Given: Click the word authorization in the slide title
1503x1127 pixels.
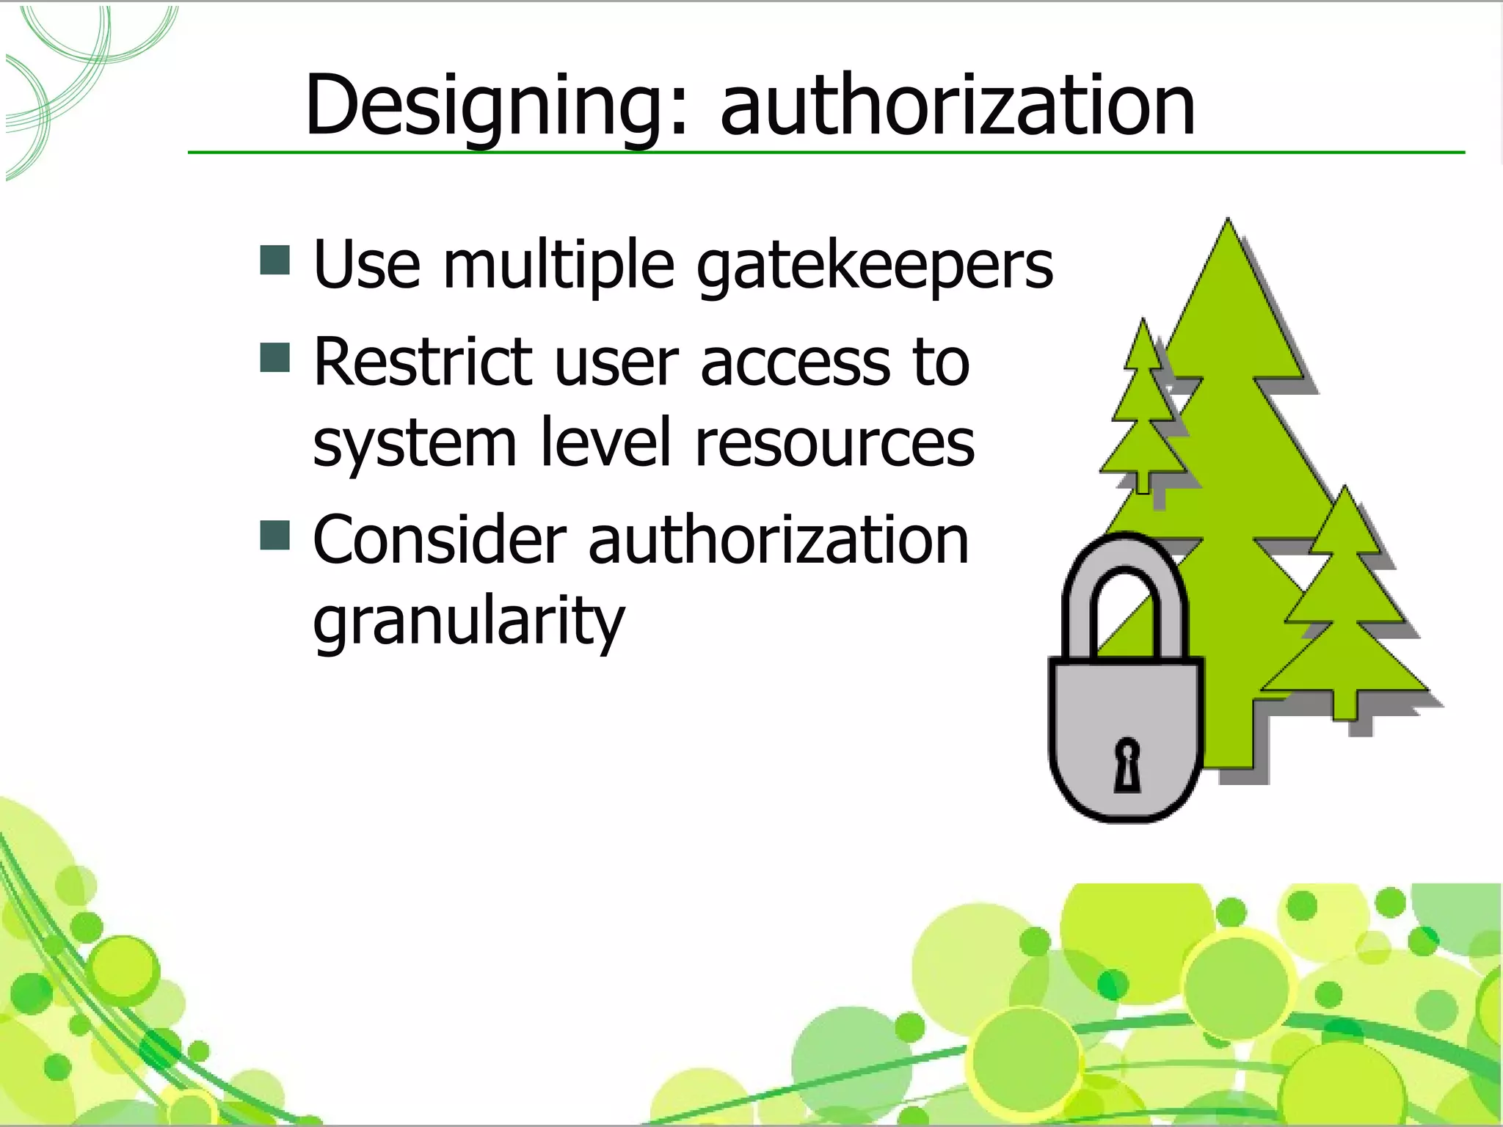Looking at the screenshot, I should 957,106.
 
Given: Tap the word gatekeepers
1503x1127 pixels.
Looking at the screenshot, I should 874,266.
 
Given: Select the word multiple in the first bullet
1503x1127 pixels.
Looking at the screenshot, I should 558,266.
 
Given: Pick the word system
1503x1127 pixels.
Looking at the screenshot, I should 415,444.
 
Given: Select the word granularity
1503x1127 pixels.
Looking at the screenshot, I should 468,622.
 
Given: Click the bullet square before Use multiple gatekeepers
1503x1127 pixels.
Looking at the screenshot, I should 275,260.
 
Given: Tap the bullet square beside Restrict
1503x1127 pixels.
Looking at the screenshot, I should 275,357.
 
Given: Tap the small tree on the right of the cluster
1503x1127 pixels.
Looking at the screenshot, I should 1344,609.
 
